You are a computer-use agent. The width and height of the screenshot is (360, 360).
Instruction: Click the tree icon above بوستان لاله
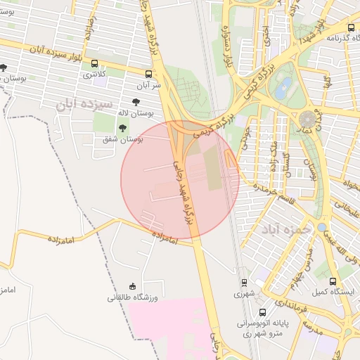click(x=145, y=101)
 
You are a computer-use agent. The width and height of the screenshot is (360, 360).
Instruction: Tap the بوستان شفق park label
click(x=123, y=139)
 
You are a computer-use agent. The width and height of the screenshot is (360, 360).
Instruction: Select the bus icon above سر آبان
click(x=149, y=73)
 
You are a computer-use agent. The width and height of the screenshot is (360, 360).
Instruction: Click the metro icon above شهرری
click(x=244, y=283)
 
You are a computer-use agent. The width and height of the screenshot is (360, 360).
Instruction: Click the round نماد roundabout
click(x=308, y=118)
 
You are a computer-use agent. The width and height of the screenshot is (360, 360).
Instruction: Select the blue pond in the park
click(x=283, y=88)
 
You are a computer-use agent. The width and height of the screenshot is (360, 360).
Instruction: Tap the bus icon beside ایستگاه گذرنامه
click(x=351, y=28)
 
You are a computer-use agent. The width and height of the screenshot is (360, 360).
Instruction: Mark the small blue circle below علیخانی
click(x=321, y=227)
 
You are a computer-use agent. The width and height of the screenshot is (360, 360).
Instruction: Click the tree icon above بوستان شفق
click(x=123, y=128)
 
